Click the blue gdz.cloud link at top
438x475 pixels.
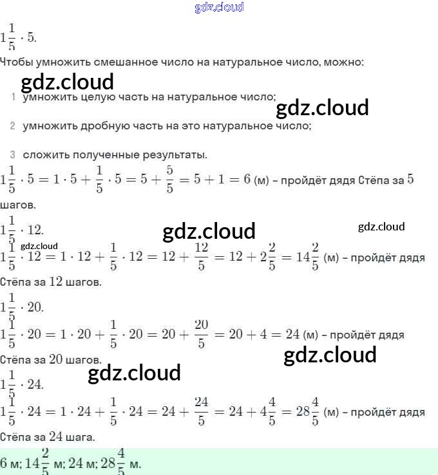click(219, 8)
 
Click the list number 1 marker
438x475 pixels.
click(13, 97)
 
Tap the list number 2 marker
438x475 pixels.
click(13, 126)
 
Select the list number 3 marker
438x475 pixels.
click(13, 155)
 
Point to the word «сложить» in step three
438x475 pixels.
click(44, 155)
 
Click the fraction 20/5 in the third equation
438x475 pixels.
click(201, 334)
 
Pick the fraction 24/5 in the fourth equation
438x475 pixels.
click(201, 411)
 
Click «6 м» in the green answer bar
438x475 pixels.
click(10, 463)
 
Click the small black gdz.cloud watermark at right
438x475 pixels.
click(381, 227)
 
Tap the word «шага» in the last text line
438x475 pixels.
click(82, 436)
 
